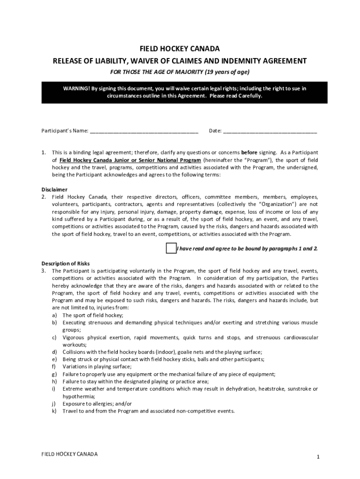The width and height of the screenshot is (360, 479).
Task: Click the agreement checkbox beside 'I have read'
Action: point(171,248)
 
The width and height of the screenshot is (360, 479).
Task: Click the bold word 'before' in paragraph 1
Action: point(249,152)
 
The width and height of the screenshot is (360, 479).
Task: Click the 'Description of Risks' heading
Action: point(65,263)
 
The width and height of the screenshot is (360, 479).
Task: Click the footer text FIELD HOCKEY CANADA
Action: point(70,454)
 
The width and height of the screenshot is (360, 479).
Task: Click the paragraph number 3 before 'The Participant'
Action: point(43,271)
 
